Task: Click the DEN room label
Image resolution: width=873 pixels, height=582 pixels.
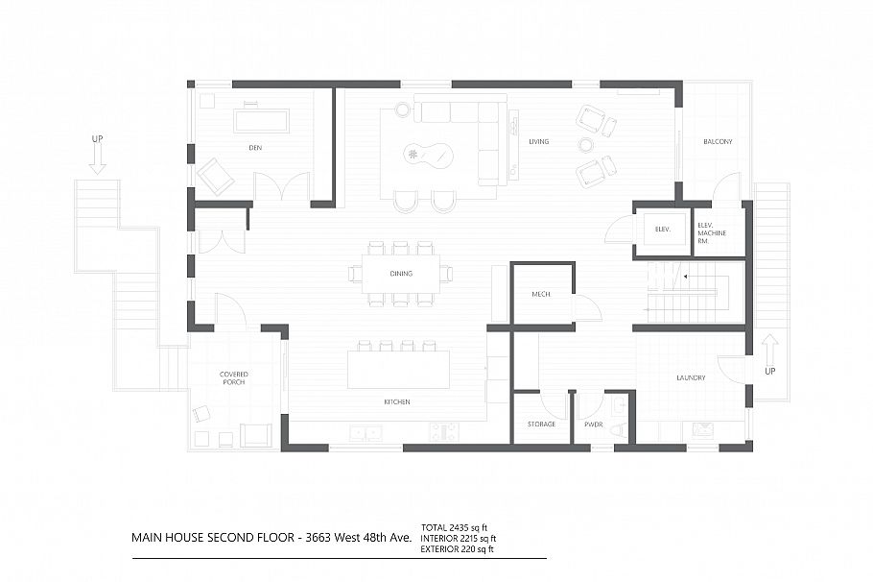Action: click(254, 147)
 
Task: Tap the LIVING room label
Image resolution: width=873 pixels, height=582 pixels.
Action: click(538, 142)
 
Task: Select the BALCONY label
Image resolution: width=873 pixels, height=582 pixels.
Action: click(717, 142)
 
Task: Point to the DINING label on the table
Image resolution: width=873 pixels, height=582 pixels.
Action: click(401, 274)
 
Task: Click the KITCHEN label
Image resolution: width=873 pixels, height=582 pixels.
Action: click(396, 401)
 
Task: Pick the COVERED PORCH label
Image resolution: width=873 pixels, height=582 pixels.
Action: click(233, 377)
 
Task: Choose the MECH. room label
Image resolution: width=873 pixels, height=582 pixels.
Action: click(541, 293)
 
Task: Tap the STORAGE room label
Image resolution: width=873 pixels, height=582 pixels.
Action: click(541, 424)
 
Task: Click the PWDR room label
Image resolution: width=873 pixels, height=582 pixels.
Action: click(593, 424)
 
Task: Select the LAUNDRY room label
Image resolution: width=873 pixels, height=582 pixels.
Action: click(690, 377)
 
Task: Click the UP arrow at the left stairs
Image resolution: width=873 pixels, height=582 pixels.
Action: click(97, 154)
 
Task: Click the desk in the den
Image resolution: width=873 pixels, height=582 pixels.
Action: click(261, 120)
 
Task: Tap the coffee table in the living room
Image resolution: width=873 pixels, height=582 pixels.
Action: click(429, 154)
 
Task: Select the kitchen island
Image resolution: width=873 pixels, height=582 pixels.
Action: click(398, 369)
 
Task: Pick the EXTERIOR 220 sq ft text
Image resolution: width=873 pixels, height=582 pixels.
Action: click(457, 549)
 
